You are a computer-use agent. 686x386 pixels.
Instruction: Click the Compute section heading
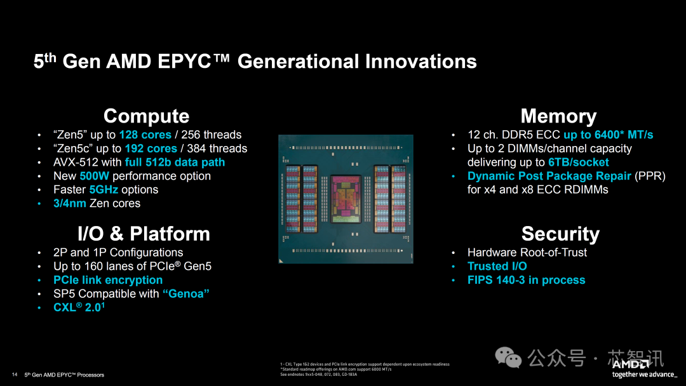[x=146, y=116]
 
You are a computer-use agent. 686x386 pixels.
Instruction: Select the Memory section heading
[x=558, y=116]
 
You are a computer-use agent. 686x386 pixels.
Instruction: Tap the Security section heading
[x=560, y=234]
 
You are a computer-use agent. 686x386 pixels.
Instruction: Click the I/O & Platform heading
[x=144, y=234]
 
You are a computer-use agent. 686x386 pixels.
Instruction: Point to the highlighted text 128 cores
[x=145, y=135]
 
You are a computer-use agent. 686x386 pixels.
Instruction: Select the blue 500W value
[x=94, y=176]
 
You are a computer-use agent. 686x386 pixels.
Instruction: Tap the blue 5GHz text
[x=104, y=190]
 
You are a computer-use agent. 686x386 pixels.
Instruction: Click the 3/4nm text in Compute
[x=70, y=204]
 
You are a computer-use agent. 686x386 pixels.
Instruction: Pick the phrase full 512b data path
[x=175, y=163]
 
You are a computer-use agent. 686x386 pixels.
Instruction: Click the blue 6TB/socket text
[x=578, y=163]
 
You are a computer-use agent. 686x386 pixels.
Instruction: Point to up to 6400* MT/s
[x=608, y=135]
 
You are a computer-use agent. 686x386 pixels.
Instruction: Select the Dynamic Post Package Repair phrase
[x=549, y=176]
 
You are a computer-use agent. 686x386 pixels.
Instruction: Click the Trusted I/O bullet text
[x=497, y=266]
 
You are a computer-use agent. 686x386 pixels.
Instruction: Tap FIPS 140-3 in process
[x=526, y=280]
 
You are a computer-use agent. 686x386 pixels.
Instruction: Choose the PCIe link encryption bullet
[x=108, y=280]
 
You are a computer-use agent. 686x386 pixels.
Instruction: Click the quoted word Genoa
[x=186, y=294]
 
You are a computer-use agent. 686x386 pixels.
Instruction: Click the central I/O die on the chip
[x=346, y=199]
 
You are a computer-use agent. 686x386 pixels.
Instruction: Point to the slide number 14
[x=15, y=374]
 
